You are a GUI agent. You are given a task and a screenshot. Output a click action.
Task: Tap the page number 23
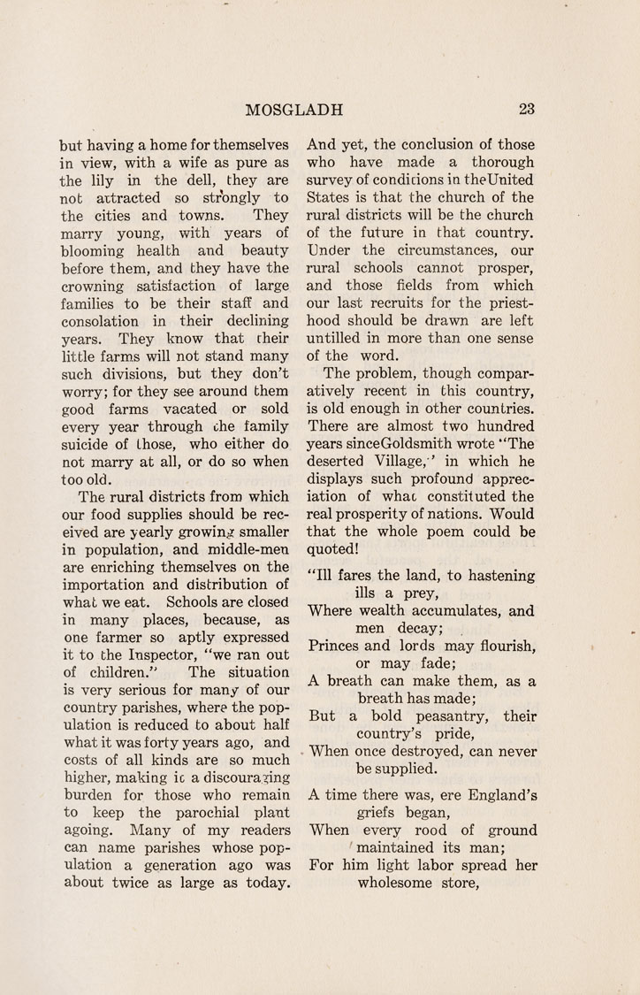pyautogui.click(x=528, y=110)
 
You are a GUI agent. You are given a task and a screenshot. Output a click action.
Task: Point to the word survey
pyautogui.click(x=331, y=180)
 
